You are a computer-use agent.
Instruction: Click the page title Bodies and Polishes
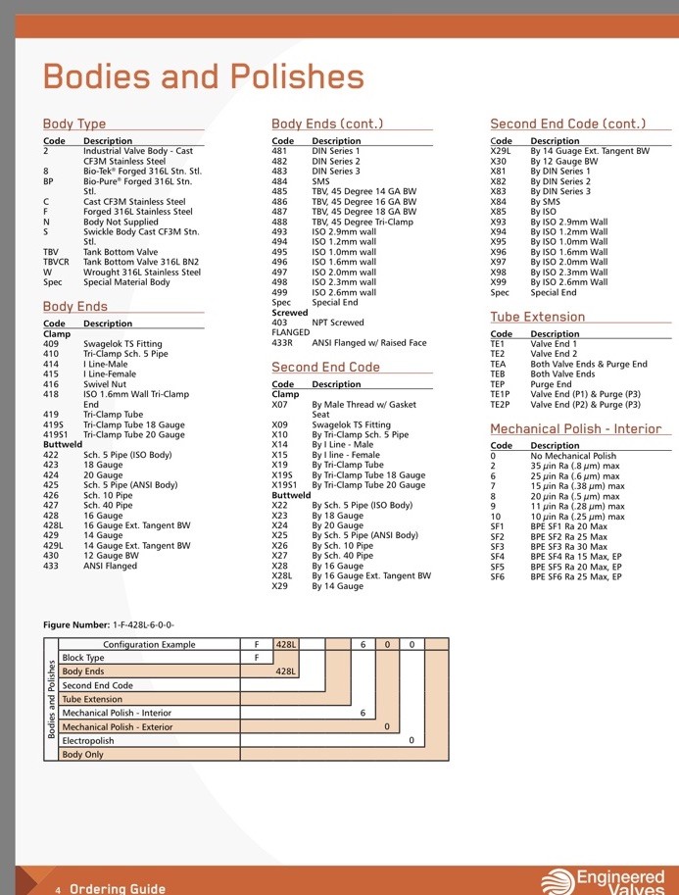coord(204,76)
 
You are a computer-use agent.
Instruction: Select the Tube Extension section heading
coord(538,317)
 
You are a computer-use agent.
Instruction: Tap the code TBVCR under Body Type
coord(56,262)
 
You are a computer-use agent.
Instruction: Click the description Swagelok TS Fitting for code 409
coord(122,344)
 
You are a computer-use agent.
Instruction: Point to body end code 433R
coord(282,343)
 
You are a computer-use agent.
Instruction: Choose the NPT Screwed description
coord(338,323)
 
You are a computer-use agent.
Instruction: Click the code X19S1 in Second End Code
coord(284,485)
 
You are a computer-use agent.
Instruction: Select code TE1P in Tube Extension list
coord(500,394)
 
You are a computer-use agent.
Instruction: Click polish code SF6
coord(497,577)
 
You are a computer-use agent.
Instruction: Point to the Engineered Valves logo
coord(604,880)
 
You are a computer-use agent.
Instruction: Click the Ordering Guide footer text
coord(118,889)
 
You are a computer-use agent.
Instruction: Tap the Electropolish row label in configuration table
coord(88,741)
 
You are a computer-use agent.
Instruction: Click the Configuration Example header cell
coord(149,644)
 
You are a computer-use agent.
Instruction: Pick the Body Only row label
coord(82,755)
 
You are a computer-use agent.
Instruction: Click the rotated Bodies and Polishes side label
coord(51,699)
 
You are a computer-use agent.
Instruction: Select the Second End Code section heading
coord(326,367)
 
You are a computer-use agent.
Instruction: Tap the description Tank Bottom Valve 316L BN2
coord(141,262)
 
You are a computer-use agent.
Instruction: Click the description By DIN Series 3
coord(560,191)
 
